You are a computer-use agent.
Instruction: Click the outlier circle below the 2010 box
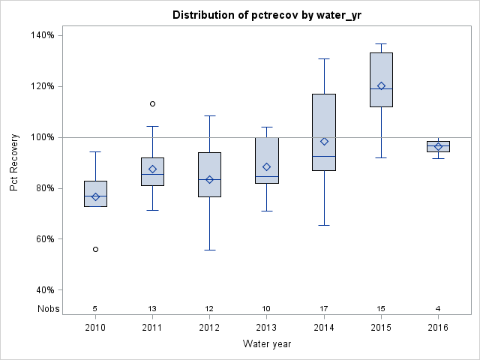tap(95, 249)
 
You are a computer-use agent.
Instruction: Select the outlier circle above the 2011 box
tap(152, 103)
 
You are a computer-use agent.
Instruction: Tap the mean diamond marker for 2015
tap(381, 85)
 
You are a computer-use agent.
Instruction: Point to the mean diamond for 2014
tap(324, 141)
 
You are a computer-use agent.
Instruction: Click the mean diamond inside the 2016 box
tap(438, 146)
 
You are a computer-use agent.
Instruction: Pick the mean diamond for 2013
tap(266, 166)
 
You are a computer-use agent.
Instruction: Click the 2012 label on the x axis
tap(209, 327)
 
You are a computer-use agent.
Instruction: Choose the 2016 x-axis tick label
tap(438, 327)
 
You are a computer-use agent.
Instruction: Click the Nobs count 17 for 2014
tap(324, 308)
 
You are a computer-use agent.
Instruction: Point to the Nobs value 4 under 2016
tap(438, 308)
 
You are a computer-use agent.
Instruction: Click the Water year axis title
tap(267, 343)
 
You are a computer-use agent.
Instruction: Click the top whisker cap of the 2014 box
tap(324, 58)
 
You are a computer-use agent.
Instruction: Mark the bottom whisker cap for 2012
tap(209, 250)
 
